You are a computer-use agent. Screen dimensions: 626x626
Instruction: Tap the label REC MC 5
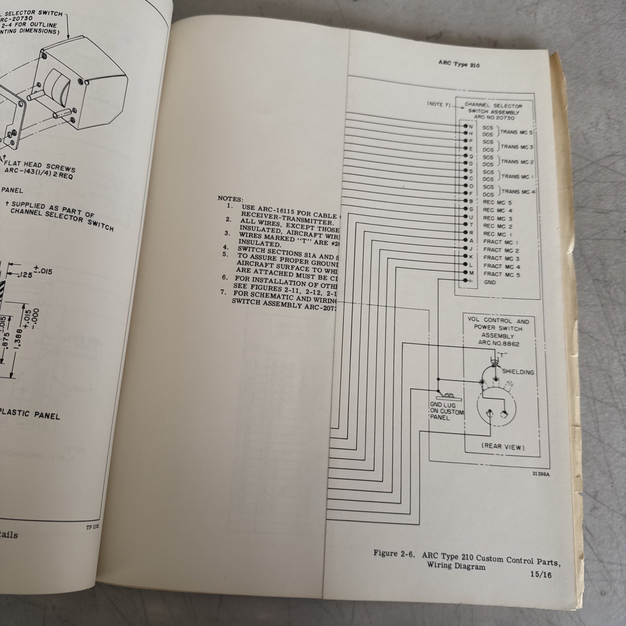497,203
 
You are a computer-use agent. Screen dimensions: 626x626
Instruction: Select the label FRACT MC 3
501,258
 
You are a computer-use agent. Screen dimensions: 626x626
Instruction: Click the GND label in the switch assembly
489,282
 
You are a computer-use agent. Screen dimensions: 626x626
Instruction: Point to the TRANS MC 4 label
518,192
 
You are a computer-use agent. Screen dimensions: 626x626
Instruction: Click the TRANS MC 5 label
516,132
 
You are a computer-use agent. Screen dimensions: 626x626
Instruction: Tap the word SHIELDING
518,372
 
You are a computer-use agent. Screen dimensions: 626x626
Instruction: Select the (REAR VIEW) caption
503,446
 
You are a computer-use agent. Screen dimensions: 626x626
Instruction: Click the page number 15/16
541,575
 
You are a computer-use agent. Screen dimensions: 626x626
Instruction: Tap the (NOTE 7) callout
438,104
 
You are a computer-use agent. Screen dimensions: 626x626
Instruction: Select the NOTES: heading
230,199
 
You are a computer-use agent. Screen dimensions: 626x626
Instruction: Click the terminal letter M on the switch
471,273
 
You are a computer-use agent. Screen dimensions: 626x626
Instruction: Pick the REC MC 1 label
497,234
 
